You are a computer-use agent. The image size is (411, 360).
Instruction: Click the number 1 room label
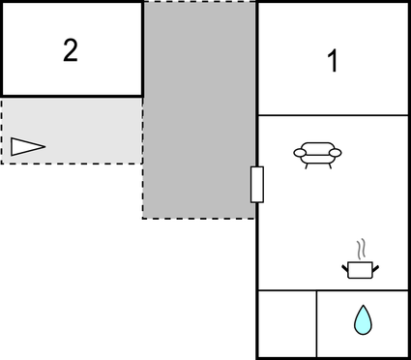pos(333,62)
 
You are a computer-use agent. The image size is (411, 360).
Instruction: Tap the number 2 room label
pos(70,50)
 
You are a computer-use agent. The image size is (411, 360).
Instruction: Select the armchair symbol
pos(316,153)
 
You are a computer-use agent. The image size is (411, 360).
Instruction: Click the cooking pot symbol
pos(360,269)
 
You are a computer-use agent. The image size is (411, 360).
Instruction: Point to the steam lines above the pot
pos(361,247)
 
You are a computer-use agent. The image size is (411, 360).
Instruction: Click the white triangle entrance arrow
pos(27,146)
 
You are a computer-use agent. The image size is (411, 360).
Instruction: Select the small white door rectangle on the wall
pos(256,184)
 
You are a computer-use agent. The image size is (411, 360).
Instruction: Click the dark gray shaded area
pos(199,106)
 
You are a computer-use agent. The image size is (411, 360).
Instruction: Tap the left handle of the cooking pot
pos(345,266)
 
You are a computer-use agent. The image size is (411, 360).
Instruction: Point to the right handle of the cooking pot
pos(375,266)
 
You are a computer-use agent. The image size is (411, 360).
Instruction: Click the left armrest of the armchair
pos(299,152)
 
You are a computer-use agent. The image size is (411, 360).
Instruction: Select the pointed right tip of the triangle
pos(44,146)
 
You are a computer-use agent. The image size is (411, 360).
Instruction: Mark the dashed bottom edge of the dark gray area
pos(198,218)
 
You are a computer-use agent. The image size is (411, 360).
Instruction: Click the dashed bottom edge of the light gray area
pos(72,164)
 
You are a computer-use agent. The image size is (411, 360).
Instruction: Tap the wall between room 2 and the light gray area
pos(72,96)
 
